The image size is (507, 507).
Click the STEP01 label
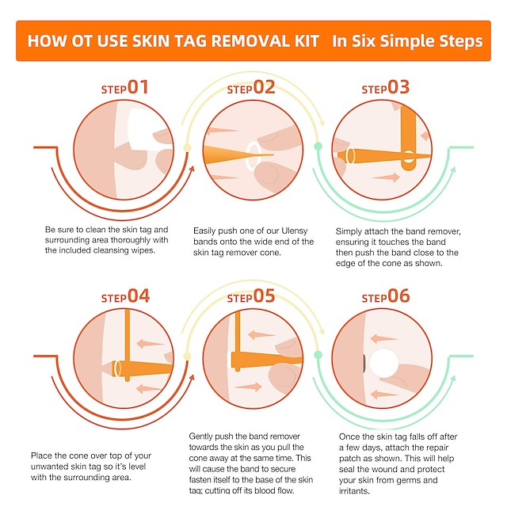pos(124,88)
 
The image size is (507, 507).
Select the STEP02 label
pos(251,88)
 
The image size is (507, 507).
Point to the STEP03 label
pos(386,88)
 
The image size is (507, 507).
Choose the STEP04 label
pos(125,297)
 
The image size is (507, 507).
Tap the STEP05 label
pos(251,297)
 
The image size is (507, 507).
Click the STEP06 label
pos(386,297)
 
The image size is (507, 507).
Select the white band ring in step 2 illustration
pos(251,154)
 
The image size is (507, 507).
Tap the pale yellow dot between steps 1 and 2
pos(187,147)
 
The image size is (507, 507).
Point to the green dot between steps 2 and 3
pos(318,147)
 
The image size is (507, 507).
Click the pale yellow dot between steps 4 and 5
pos(187,356)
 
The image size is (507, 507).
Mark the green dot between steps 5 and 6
pos(318,356)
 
